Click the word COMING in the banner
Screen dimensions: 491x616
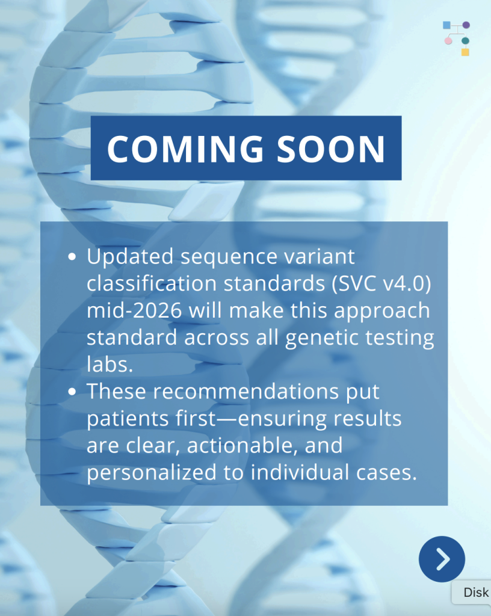[185, 149]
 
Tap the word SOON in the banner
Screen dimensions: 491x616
[331, 149]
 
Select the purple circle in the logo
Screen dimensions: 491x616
[466, 25]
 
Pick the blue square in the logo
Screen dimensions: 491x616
[446, 25]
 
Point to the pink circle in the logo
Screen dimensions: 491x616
[448, 41]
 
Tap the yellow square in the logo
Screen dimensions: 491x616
[465, 52]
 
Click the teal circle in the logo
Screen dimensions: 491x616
[466, 41]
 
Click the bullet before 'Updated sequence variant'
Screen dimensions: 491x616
[72, 257]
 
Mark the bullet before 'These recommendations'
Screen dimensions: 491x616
[72, 392]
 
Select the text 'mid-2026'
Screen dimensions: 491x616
[134, 310]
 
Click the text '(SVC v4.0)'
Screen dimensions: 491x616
[381, 283]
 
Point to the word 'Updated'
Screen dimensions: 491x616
[130, 257]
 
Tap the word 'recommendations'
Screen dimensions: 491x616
[246, 392]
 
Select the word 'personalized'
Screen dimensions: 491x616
[152, 473]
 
